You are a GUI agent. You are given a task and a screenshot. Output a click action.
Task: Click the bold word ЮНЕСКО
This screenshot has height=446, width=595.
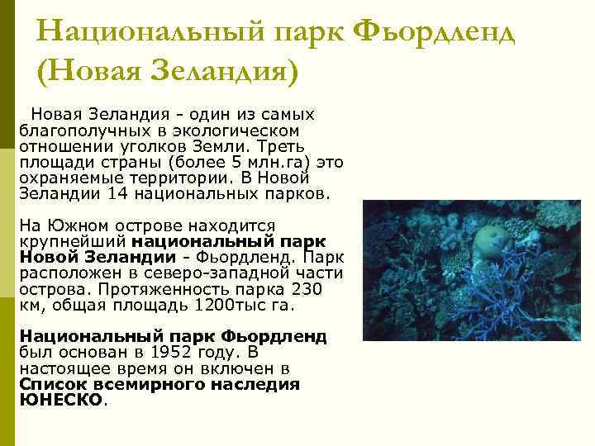(61, 399)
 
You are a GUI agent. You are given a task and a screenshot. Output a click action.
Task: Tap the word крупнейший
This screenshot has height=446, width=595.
(71, 241)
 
